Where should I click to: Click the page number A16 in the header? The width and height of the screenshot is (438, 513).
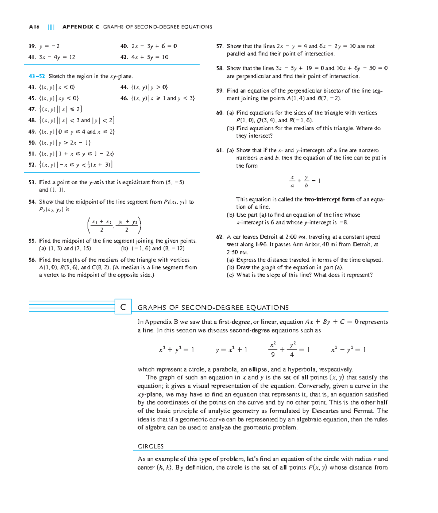coord(34,27)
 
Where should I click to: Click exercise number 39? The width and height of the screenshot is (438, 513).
coord(32,46)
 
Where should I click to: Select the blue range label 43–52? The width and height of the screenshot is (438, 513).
coord(36,76)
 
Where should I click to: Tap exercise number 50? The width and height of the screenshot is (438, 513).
coord(32,143)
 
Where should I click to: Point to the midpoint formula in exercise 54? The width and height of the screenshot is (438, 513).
coord(114,225)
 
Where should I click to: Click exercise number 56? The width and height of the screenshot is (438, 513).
coord(32,260)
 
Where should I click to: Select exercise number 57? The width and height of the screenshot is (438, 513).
coord(220,46)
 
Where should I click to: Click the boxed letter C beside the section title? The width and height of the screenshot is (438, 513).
coord(123,307)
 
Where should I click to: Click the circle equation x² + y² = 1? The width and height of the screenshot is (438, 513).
coord(176,350)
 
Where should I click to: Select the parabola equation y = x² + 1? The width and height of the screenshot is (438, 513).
coord(231,350)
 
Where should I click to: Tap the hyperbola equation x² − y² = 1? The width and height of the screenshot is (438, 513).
coord(348,350)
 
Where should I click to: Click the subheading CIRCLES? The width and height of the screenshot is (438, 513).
coord(150,446)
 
